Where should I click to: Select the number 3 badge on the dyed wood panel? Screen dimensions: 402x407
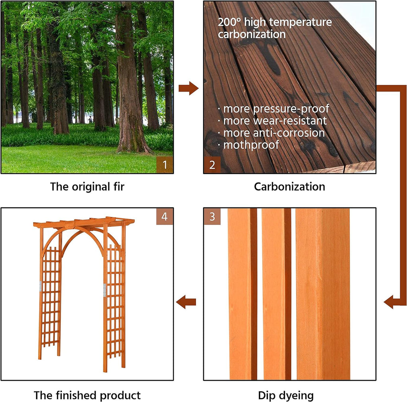212,217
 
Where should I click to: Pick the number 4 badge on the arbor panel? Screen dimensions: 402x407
165,217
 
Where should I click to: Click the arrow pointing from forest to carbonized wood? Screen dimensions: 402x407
188,88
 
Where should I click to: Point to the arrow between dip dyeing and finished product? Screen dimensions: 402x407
186,302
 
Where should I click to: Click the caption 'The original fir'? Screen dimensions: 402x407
87,187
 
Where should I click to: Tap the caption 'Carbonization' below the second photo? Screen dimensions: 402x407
289,187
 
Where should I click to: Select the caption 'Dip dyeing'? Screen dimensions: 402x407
286,395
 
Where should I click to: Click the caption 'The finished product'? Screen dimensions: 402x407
87,395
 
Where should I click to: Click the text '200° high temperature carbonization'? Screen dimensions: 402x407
274,28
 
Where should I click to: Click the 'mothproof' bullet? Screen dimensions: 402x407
248,144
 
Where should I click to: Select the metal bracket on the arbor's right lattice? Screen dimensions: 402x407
105,290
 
